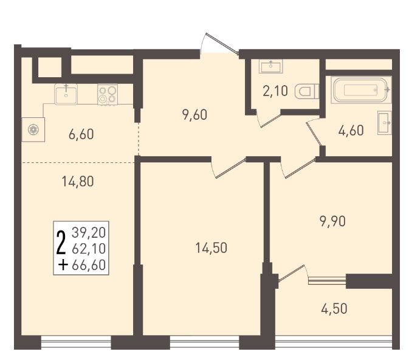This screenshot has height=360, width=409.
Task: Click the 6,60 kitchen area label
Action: [x=81, y=134]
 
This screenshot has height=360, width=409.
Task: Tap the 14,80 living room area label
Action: [x=78, y=181]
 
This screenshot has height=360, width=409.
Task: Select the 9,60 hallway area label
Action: [x=195, y=115]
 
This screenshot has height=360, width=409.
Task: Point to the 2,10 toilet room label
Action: [x=275, y=91]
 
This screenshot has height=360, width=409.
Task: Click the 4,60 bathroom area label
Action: [x=351, y=131]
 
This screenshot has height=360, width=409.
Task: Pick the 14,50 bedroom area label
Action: [x=211, y=247]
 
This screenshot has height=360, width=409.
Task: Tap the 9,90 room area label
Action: [x=332, y=221]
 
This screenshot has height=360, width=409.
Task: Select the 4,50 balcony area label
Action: [x=334, y=308]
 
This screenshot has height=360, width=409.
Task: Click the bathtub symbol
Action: [x=361, y=90]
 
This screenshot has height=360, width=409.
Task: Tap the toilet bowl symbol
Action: [x=307, y=92]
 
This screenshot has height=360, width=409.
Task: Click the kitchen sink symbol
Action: [x=66, y=94]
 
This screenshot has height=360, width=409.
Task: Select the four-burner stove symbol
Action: [x=108, y=95]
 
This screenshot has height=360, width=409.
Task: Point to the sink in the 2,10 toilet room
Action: [x=271, y=66]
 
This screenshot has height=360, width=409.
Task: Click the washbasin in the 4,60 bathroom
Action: [x=385, y=123]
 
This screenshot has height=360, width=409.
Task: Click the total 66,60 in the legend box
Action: [x=89, y=265]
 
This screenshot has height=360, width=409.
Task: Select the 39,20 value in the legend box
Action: [x=89, y=232]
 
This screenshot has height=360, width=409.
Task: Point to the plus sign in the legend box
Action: [x=63, y=266]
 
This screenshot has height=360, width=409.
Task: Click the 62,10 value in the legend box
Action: [x=89, y=249]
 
